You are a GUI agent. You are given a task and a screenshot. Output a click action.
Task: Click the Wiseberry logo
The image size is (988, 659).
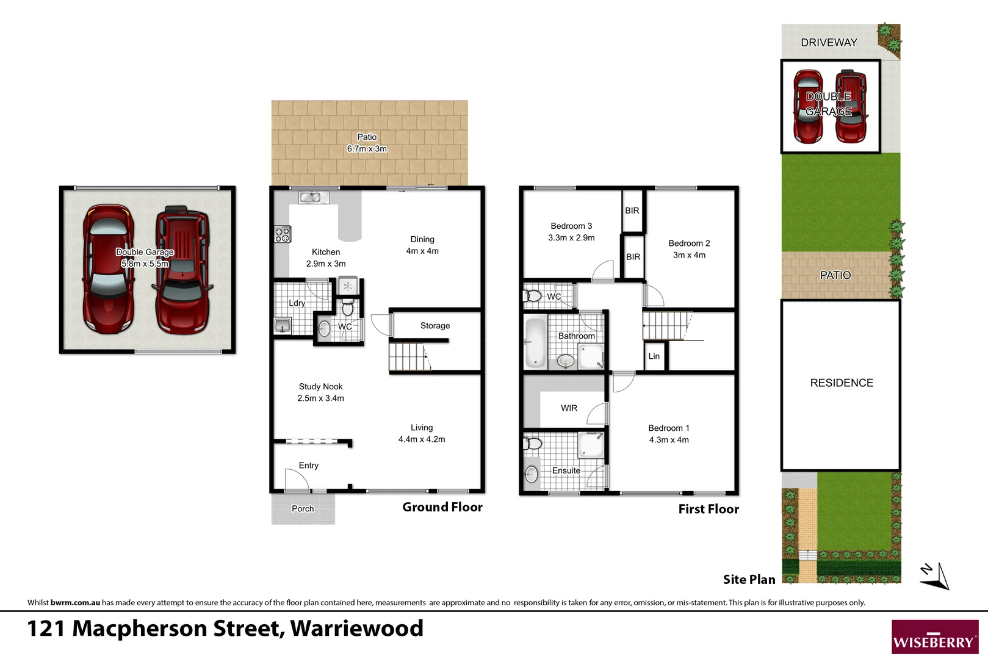[934, 637]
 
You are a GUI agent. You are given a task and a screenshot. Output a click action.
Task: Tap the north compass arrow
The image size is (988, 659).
[936, 577]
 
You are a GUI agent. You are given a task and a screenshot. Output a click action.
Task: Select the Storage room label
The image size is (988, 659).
[435, 326]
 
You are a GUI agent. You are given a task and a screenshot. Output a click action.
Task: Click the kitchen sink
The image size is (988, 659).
[313, 197]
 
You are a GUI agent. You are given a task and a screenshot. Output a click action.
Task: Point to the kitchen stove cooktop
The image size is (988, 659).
[282, 234]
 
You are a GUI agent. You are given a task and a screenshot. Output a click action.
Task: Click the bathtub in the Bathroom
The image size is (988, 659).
[535, 342]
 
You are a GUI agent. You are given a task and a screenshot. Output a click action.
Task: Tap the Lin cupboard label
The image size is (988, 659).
[654, 356]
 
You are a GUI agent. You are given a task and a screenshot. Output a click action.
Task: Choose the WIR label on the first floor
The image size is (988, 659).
[569, 408]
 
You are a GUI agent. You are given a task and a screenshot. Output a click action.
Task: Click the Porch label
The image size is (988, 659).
[303, 509]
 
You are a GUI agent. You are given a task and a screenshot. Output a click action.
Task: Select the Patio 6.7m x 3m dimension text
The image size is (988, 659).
[367, 149]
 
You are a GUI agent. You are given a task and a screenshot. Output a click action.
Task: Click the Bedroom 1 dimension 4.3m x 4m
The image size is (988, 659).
[669, 440]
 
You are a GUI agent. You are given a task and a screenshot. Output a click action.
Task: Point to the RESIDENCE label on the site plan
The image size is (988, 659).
[841, 383]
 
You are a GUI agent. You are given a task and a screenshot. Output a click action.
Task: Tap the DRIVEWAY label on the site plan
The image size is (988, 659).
[829, 43]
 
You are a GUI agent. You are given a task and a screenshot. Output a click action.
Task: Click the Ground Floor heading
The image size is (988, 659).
[442, 507]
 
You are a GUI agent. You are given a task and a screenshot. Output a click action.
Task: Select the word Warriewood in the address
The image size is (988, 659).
[356, 628]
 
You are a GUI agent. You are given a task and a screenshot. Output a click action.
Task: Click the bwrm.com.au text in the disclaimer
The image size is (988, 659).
[75, 603]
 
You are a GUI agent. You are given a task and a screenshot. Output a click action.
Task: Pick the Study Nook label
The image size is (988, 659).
[320, 387]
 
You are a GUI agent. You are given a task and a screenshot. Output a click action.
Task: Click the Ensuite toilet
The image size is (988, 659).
[533, 443]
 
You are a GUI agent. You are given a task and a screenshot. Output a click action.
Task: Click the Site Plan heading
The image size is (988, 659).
[749, 580]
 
